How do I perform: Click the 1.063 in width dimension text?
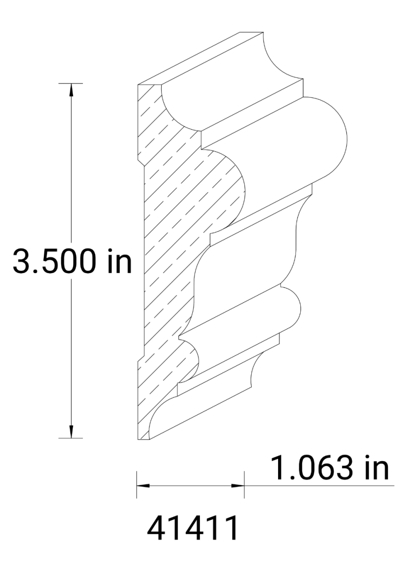coord(329,468)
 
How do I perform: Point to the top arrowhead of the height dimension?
coord(71,90)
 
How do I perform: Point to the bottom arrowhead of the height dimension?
coord(71,432)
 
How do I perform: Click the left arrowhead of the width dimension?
coord(142,485)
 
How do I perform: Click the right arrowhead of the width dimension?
coord(238,485)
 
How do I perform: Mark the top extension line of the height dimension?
coord(71,83)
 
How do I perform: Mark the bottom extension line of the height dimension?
coord(71,438)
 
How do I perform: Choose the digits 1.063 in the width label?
coord(311,468)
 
